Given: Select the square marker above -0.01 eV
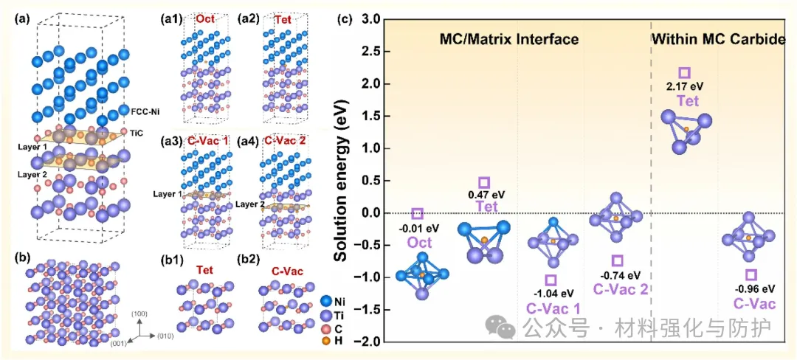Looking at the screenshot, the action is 417,213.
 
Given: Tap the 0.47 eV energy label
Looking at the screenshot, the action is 484,195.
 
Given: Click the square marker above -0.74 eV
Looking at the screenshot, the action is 618,261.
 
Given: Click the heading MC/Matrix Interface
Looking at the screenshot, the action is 509,40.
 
